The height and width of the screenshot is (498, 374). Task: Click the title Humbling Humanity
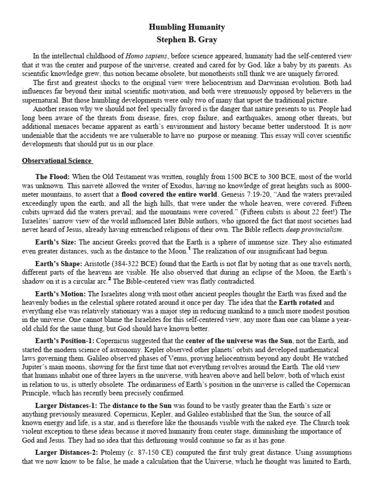coord(187,27)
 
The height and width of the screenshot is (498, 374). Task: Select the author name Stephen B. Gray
coord(187,39)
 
